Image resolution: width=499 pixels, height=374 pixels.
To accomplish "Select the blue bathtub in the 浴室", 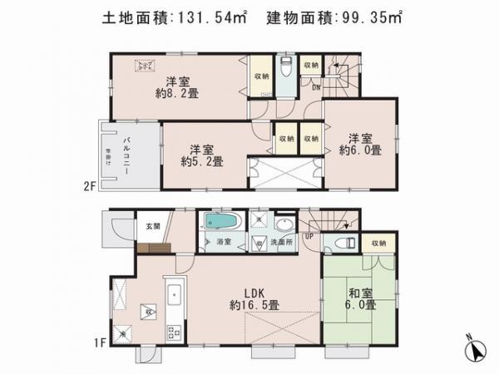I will click(221, 223).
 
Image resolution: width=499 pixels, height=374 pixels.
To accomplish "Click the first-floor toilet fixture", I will click(340, 242).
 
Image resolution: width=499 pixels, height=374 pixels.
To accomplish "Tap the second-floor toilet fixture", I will click(284, 66).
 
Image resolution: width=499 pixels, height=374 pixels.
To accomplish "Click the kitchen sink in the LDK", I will click(175, 295).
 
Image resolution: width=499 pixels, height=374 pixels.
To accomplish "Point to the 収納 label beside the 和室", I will click(378, 242).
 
